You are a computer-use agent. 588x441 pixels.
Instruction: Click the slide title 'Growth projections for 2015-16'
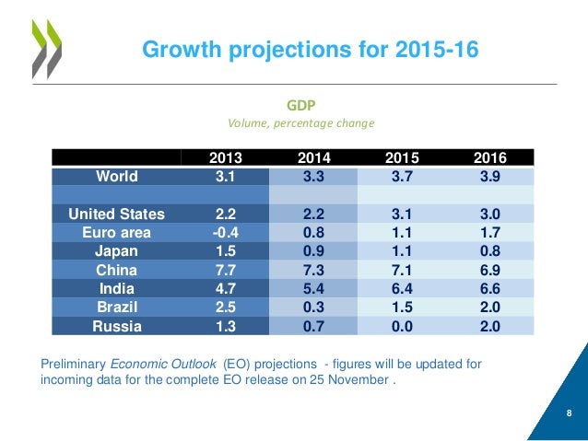(310, 49)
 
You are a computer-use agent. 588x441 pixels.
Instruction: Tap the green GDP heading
(305, 105)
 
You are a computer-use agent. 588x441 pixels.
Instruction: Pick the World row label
(117, 175)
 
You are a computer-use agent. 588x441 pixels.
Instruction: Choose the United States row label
(117, 214)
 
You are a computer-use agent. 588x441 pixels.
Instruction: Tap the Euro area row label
(117, 232)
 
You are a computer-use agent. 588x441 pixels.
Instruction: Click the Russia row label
(117, 326)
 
